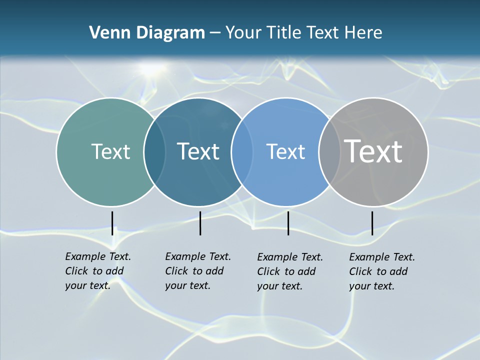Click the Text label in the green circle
point(110,151)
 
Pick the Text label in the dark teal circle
point(198,151)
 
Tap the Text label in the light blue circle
point(285,151)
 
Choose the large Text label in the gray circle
point(373,151)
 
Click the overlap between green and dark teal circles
point(154,151)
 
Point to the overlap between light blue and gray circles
point(327,151)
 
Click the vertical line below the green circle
point(112,223)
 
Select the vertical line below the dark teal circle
point(200,223)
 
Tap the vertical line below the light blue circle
point(288,223)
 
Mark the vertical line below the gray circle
point(372,223)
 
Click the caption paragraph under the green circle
point(97,271)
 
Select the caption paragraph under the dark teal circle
point(197,271)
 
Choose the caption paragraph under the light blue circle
point(289,271)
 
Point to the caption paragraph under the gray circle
point(381,271)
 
